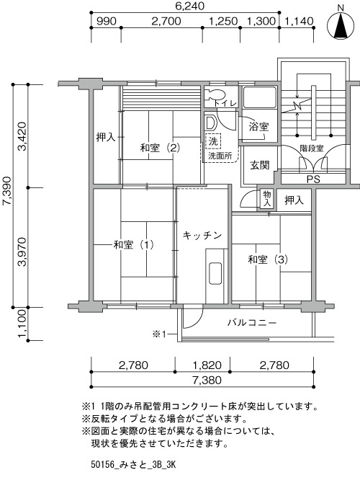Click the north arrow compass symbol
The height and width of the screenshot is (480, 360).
coord(341,25)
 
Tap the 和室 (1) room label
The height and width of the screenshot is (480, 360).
coord(133,245)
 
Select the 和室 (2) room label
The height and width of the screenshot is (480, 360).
coord(160,148)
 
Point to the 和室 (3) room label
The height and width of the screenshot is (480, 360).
coord(268,260)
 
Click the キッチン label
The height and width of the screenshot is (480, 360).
coord(202,236)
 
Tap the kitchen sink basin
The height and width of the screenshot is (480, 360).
coord(215,273)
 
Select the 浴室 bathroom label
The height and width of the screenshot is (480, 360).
coord(258,126)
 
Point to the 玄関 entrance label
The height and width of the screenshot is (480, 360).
coord(260,165)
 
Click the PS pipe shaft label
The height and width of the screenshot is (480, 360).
coord(313,179)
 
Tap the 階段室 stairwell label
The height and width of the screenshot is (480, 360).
coord(311,148)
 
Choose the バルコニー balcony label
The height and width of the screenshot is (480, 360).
coord(252,323)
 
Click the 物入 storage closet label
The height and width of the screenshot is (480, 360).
coord(267,198)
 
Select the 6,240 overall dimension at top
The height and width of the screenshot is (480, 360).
coord(190,6)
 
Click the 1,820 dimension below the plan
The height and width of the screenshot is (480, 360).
coord(207,365)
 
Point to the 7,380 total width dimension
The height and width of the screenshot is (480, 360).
coord(207,381)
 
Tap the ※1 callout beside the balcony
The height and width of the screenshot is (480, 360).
coord(159,334)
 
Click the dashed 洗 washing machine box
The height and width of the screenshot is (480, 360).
coord(213,141)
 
